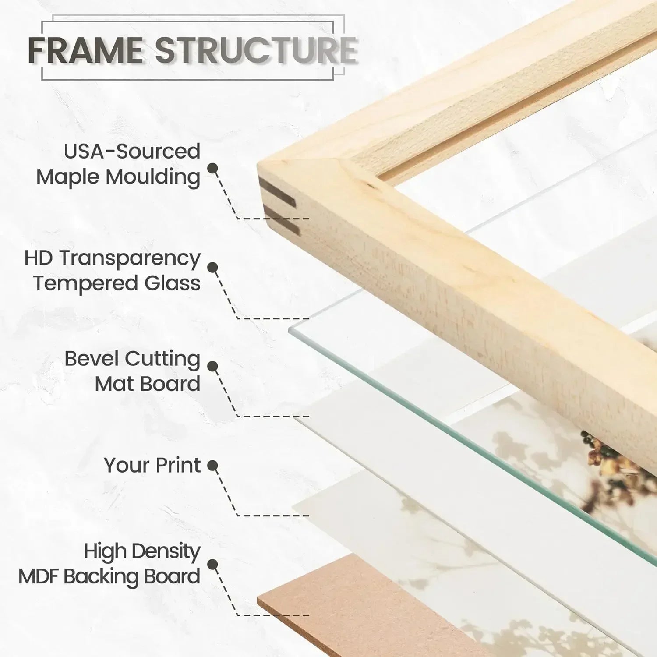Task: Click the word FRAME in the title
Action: click(x=86, y=49)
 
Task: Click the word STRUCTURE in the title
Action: click(x=256, y=49)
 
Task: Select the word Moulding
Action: click(x=153, y=177)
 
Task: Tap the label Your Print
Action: click(x=152, y=465)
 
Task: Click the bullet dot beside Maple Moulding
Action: click(x=213, y=168)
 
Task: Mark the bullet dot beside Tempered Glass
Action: click(x=213, y=268)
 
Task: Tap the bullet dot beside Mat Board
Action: click(x=213, y=366)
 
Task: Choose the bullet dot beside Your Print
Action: click(x=213, y=466)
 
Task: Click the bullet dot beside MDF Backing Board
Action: click(x=213, y=565)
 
